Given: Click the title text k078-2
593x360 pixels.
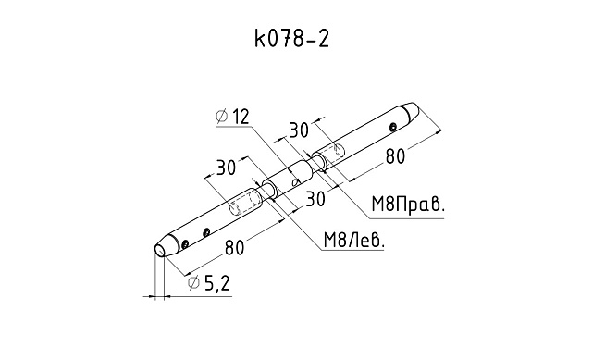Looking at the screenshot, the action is click(x=291, y=39).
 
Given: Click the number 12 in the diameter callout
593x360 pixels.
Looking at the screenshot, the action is click(x=241, y=117).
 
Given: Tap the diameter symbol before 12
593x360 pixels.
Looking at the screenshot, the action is click(x=222, y=117).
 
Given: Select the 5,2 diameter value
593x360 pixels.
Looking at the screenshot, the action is click(x=216, y=283).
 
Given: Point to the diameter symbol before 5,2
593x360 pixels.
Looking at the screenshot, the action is click(x=193, y=283).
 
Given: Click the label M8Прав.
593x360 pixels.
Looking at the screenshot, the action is click(x=408, y=205).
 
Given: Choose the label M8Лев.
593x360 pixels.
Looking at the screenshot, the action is click(x=353, y=240).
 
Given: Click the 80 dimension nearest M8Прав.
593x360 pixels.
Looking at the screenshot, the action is click(x=395, y=156).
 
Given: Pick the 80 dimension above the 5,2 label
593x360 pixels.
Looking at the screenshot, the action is click(x=234, y=248).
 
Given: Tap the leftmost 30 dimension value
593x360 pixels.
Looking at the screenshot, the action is click(x=226, y=168).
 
